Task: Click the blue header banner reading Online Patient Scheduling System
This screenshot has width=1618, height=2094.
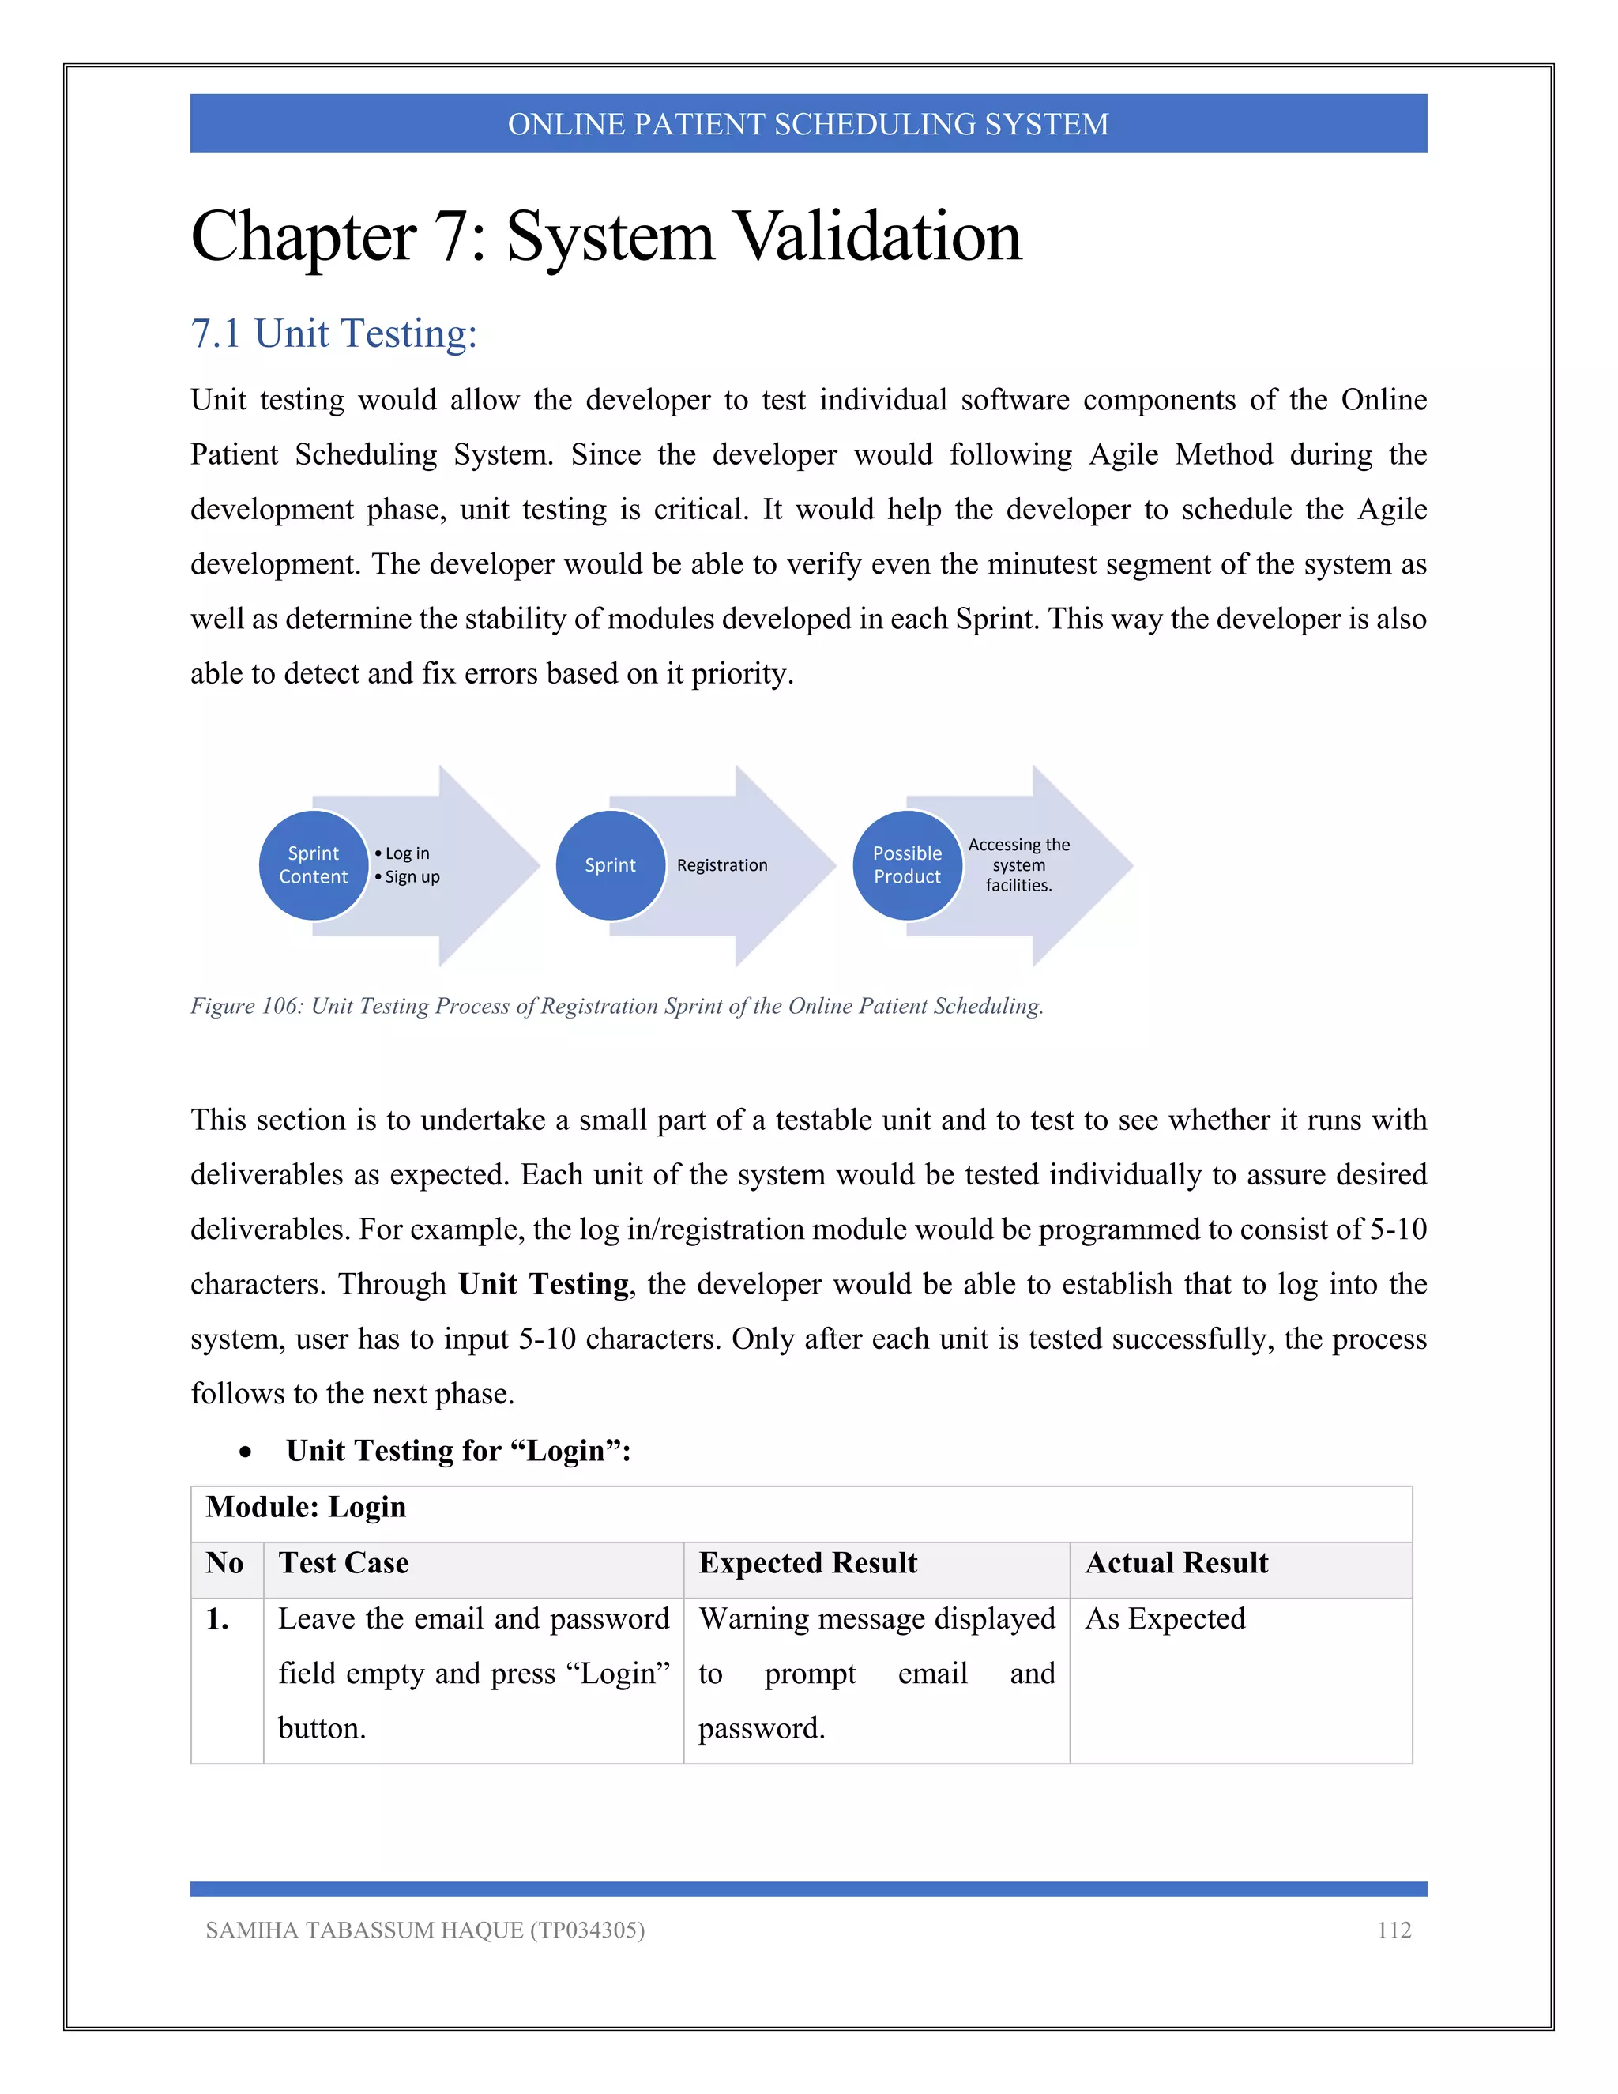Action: pyautogui.click(x=808, y=124)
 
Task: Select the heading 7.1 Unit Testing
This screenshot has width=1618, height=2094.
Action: pyautogui.click(x=333, y=333)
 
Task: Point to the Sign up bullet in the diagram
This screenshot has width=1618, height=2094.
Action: pyautogui.click(x=411, y=876)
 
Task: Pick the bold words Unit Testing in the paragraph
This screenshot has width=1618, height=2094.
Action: pyautogui.click(x=544, y=1284)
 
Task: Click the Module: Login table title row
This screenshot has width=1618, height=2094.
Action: pyautogui.click(x=307, y=1507)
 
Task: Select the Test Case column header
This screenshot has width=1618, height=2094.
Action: pyautogui.click(x=343, y=1563)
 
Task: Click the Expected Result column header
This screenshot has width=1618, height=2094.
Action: pyautogui.click(x=807, y=1563)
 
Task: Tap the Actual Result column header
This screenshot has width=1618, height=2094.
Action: pyautogui.click(x=1176, y=1563)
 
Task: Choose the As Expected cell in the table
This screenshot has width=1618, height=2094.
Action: pyautogui.click(x=1165, y=1618)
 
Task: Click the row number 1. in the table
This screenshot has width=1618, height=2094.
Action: pyautogui.click(x=217, y=1619)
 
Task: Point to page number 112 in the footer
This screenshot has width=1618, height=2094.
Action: pyautogui.click(x=1394, y=1930)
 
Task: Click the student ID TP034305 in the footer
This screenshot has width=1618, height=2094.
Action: pyautogui.click(x=585, y=1930)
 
